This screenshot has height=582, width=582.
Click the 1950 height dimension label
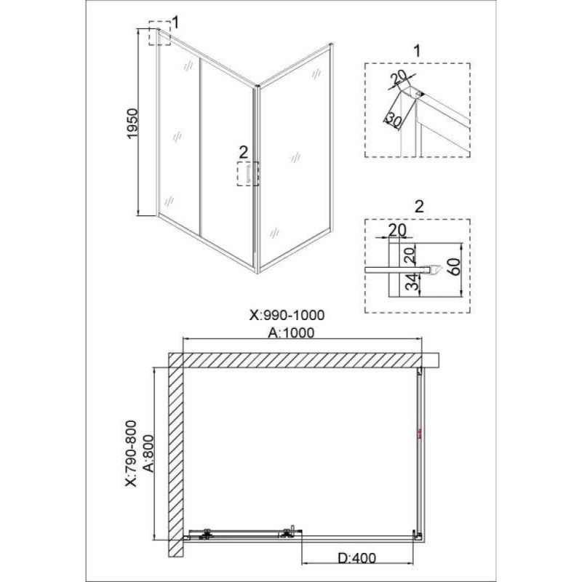(x=132, y=124)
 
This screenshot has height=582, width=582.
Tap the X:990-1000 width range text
(x=287, y=315)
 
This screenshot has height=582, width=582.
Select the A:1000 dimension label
(x=291, y=332)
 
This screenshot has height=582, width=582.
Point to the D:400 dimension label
(x=357, y=557)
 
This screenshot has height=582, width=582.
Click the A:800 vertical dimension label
(x=148, y=453)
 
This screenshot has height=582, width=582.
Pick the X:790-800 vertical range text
(x=131, y=453)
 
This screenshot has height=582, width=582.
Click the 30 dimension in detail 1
(x=394, y=119)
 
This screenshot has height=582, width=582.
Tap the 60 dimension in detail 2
(x=454, y=266)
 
